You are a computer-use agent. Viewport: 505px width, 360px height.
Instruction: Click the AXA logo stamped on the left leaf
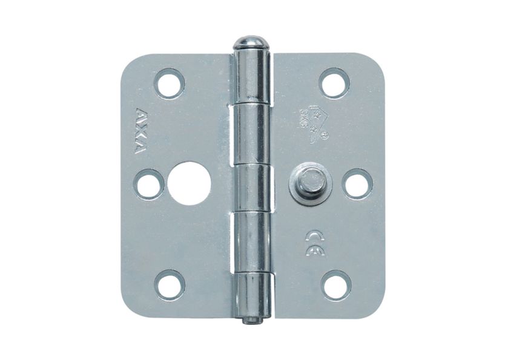pyautogui.click(x=140, y=131)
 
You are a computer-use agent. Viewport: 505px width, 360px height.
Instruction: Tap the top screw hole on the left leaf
pyautogui.click(x=169, y=83)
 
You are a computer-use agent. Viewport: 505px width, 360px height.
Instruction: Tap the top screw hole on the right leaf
pyautogui.click(x=335, y=83)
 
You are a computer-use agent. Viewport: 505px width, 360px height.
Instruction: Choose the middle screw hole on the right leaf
pyautogui.click(x=357, y=184)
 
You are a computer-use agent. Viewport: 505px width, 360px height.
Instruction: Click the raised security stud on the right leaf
pyautogui.click(x=309, y=182)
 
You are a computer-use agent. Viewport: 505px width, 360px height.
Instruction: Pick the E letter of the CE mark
pyautogui.click(x=315, y=249)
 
